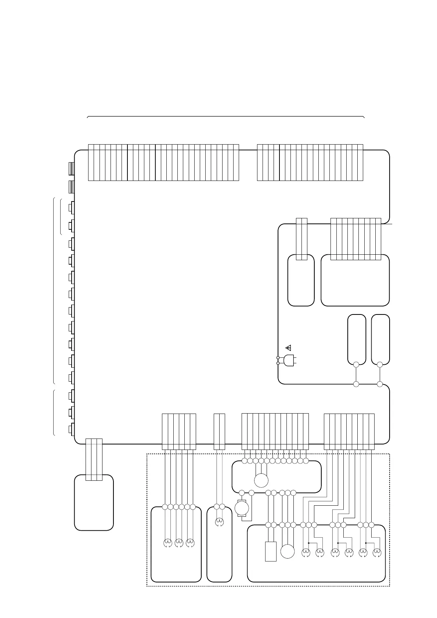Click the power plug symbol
[289, 360]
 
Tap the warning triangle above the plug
[288, 347]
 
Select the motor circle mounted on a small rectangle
[242, 509]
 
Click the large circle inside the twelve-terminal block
[261, 480]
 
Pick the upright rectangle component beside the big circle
[271, 552]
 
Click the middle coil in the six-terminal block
[179, 543]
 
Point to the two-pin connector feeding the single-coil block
[219, 432]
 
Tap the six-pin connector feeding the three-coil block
[179, 432]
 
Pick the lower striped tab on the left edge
[72, 187]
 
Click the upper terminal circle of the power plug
[278, 357]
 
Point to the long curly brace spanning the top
[225, 117]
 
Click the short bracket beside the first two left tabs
[61, 216]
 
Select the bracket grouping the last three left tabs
[54, 412]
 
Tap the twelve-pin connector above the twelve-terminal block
[275, 432]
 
